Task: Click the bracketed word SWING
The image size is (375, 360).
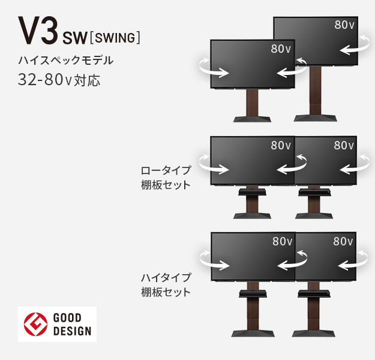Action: [115, 39]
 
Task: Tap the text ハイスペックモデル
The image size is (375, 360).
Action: [66, 61]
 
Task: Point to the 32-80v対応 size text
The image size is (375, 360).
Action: [59, 80]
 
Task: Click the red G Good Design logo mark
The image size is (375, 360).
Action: [35, 324]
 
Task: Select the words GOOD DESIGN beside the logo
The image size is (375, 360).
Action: [72, 324]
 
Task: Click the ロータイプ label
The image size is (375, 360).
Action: [166, 170]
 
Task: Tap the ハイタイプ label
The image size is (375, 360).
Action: [166, 278]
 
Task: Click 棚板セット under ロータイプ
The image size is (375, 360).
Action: [166, 185]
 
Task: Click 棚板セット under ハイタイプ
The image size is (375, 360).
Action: [166, 293]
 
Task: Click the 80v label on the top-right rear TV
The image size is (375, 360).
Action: [344, 25]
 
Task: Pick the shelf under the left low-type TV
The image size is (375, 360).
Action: [251, 193]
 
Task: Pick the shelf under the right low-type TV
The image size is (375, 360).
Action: [315, 193]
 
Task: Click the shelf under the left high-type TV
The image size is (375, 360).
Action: [252, 293]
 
